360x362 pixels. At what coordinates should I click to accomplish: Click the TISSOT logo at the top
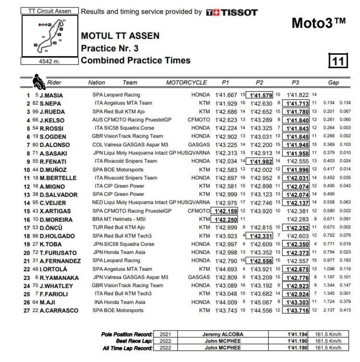[232, 13]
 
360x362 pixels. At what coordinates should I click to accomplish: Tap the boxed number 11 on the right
[338, 61]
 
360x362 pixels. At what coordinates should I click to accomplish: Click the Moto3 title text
[318, 23]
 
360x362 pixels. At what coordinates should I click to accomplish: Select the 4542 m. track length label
[49, 61]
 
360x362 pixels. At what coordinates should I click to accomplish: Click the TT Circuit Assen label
[50, 11]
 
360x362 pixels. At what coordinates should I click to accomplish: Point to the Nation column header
[96, 82]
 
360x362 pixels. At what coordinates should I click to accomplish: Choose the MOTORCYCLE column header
[186, 82]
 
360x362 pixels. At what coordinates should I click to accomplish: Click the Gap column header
[333, 82]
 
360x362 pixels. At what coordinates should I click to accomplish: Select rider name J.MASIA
[51, 95]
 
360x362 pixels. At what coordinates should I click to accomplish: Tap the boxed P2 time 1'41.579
[259, 95]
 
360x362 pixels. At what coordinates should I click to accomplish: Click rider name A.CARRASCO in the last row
[59, 310]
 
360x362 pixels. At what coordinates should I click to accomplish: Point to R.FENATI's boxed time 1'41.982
[259, 162]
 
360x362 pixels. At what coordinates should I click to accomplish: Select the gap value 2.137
[329, 310]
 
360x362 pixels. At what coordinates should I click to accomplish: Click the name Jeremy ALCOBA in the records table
[223, 334]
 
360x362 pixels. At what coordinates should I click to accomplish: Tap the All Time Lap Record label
[127, 348]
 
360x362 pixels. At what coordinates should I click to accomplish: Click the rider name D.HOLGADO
[57, 236]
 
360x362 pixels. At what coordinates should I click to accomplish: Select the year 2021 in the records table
[165, 334]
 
